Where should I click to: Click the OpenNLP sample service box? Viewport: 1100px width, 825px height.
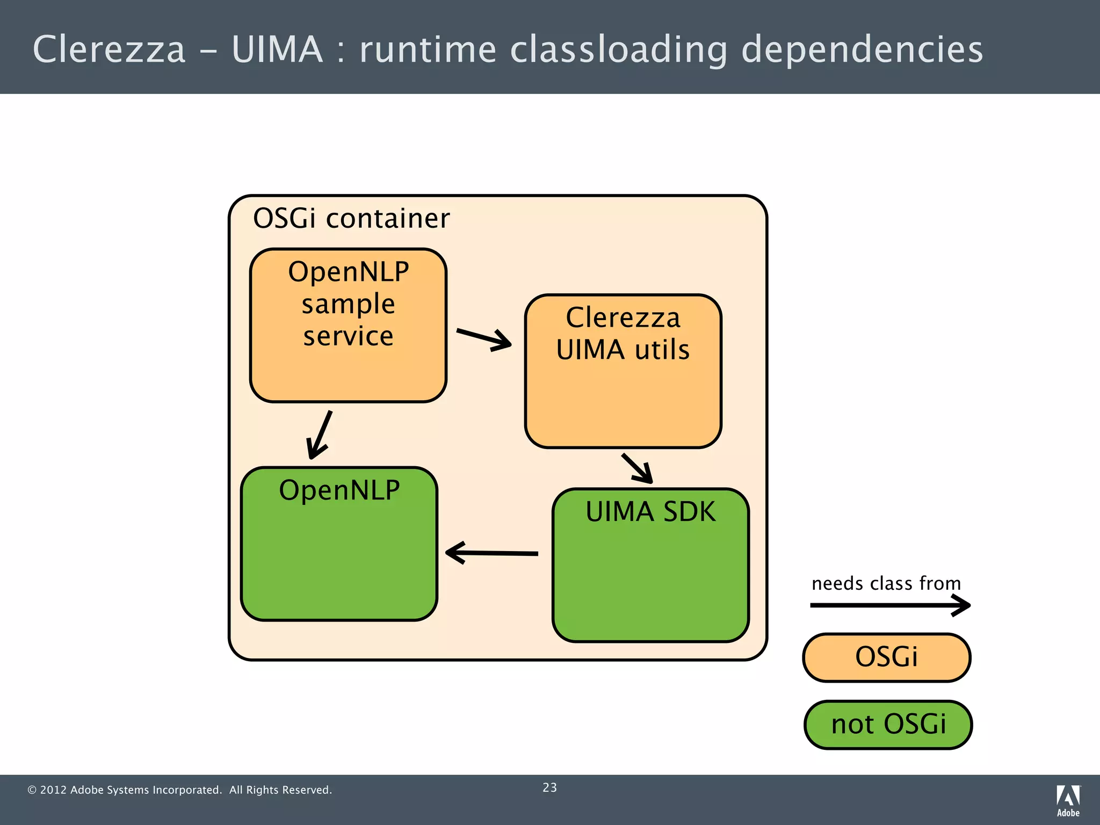coord(348,325)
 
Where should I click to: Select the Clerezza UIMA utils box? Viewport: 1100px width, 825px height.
coord(623,371)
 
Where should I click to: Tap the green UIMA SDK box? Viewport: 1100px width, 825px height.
coord(650,565)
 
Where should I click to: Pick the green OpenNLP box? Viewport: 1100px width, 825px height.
coord(339,544)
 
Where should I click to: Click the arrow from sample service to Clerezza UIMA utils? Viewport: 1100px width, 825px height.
coord(483,338)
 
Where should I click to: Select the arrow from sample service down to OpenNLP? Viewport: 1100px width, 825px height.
coord(320,435)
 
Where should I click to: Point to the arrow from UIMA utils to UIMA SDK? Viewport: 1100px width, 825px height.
coord(637,468)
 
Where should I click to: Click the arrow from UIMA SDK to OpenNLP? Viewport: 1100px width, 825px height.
coord(492,553)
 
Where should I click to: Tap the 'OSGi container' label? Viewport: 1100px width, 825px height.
coord(351,219)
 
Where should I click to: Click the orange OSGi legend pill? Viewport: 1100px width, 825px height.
coord(886,657)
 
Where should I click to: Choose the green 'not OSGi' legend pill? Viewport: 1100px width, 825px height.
coord(888,725)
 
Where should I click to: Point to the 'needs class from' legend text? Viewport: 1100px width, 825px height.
coord(886,583)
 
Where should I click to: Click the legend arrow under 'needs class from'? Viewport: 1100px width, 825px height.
coord(889,605)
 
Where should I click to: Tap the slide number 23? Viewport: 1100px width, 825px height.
coord(549,787)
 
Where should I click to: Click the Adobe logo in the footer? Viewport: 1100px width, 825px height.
coord(1068,800)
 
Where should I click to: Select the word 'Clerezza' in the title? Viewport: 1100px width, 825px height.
coord(109,49)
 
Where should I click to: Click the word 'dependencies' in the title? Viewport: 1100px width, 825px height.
coord(862,49)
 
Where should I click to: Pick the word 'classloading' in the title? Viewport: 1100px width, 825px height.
coord(618,49)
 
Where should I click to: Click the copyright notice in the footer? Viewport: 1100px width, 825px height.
coord(179,790)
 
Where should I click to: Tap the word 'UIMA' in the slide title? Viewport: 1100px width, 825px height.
coord(277,49)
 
